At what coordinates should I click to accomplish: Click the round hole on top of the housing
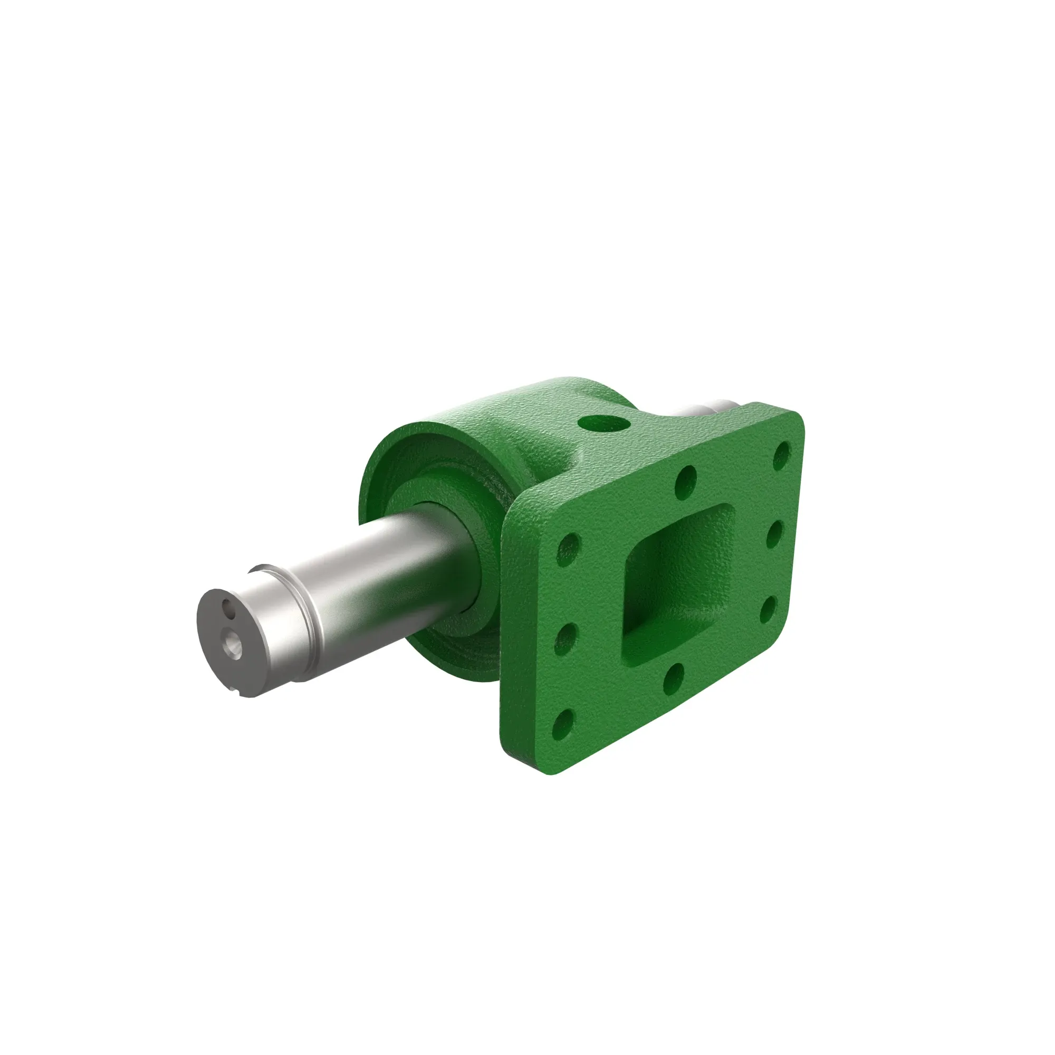pos(604,423)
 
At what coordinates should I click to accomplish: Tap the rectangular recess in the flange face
pos(677,580)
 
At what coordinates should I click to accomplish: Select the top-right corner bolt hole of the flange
pos(782,452)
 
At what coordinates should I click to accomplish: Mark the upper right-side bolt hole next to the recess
pos(775,535)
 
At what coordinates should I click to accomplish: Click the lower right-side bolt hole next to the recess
pos(769,610)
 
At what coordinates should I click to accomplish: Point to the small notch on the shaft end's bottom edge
pos(238,693)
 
